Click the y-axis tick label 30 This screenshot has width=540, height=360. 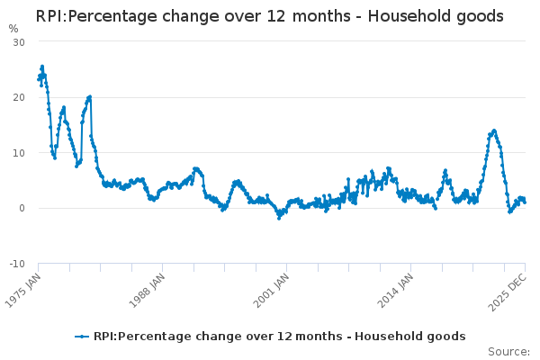(19, 42)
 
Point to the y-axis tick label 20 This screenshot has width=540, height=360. (19, 97)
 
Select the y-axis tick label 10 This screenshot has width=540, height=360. (19, 153)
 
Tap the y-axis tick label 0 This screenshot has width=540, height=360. (22, 208)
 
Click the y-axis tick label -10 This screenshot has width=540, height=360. (17, 264)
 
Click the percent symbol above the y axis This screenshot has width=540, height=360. (13, 28)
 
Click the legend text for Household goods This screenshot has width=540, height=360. (279, 337)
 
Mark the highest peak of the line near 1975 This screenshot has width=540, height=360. (41, 67)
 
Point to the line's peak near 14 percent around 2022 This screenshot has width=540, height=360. (494, 130)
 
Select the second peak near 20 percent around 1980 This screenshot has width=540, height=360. (90, 96)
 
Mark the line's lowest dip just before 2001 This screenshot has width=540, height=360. (279, 218)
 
